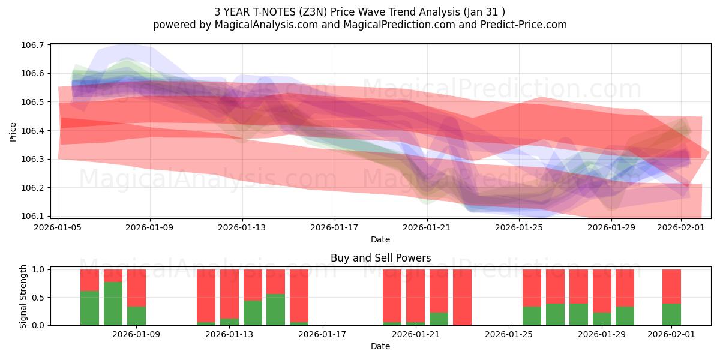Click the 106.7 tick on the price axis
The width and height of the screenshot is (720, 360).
pos(34,45)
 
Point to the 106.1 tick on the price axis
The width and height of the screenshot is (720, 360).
pos(34,216)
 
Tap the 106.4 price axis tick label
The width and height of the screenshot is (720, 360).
pos(34,131)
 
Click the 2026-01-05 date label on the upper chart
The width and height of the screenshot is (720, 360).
pos(58,227)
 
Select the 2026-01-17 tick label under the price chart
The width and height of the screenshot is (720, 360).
pos(334,227)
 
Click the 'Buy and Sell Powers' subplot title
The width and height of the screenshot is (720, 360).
pos(380,259)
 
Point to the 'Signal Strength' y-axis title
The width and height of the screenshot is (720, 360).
pos(24,297)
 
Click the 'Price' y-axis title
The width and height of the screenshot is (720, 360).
pos(13,131)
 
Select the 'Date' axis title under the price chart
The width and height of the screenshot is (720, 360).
pos(380,239)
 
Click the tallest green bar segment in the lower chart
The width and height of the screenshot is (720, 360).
pos(113,303)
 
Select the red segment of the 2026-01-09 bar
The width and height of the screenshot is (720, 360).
pos(136,288)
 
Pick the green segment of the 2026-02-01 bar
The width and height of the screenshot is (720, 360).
pos(671,314)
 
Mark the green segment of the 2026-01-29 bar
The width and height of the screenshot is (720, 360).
pos(602,319)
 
